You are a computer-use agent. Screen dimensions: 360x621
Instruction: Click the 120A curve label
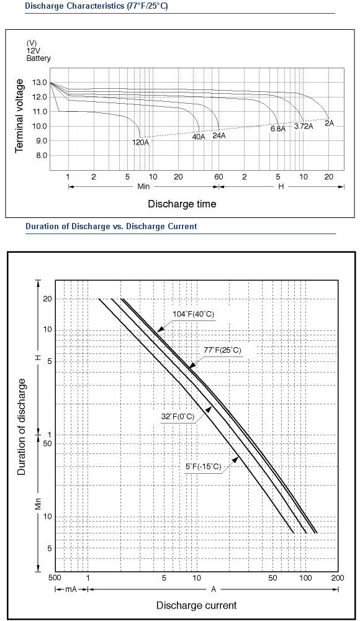tap(141, 142)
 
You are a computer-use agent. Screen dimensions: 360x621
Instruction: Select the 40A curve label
tap(199, 137)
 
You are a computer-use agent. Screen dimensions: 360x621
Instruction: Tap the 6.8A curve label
tap(278, 129)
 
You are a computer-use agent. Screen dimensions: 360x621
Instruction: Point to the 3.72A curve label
tap(304, 126)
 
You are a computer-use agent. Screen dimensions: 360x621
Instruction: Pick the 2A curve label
tap(329, 123)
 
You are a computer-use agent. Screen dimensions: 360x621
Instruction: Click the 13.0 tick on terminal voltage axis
tap(42, 83)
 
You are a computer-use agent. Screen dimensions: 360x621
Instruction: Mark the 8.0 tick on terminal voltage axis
tap(42, 156)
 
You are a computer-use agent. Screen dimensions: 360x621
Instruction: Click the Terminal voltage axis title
tap(19, 116)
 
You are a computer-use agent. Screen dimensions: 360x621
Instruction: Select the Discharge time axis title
tap(182, 204)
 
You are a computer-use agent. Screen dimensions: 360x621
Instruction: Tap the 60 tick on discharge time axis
tap(218, 177)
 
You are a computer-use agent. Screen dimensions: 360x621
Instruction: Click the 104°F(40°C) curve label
tap(193, 314)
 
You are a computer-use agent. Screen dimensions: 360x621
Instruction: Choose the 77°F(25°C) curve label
tap(223, 350)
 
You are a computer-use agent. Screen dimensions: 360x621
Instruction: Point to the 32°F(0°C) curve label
tap(178, 417)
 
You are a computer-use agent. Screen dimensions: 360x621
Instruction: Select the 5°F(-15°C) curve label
tap(203, 466)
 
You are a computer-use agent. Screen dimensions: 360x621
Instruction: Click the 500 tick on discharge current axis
tap(55, 578)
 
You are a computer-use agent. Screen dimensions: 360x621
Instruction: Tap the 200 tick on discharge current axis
tap(338, 578)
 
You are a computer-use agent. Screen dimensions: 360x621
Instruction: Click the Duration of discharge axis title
tap(21, 427)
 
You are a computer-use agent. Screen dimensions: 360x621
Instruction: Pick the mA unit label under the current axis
tap(71, 589)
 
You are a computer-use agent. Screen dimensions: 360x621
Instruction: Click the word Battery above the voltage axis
tap(38, 58)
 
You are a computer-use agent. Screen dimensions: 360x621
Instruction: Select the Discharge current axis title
tap(196, 605)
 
